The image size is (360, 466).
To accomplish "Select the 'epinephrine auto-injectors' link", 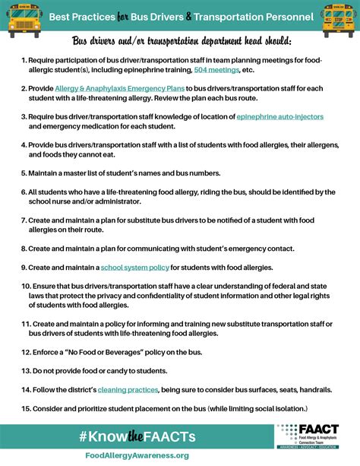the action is pyautogui.click(x=280, y=116).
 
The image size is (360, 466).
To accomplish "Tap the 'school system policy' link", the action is pyautogui.click(x=134, y=268).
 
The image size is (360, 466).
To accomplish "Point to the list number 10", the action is pyautogui.click(x=25, y=287).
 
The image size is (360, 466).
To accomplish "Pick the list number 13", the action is pyautogui.click(x=25, y=370).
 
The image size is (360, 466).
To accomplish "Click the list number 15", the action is pyautogui.click(x=25, y=408).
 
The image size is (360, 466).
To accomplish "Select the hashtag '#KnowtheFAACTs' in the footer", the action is pyautogui.click(x=136, y=436).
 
